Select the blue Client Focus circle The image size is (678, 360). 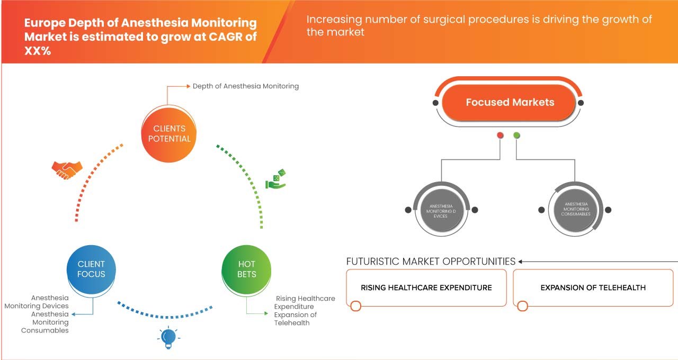tap(91, 269)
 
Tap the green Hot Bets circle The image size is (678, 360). tap(246, 269)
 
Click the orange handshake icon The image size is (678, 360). tap(67, 169)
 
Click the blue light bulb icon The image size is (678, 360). tap(168, 338)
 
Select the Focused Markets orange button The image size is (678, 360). tap(510, 102)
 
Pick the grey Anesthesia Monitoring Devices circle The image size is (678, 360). tap(441, 210)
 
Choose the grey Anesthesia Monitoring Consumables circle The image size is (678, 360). tap(575, 210)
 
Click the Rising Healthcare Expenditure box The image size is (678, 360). tap(426, 287)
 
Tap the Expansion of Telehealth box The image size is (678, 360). tap(593, 287)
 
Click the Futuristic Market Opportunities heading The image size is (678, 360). tap(431, 262)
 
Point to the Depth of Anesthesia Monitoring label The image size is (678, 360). tap(245, 86)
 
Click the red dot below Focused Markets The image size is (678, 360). tap(500, 136)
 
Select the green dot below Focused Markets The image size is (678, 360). tap(516, 136)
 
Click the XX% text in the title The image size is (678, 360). tap(37, 51)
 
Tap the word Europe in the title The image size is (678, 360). tap(44, 23)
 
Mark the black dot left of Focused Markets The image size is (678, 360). tap(435, 103)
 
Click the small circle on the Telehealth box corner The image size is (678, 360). tap(523, 306)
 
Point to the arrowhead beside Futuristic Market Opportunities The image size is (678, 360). tap(521, 262)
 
